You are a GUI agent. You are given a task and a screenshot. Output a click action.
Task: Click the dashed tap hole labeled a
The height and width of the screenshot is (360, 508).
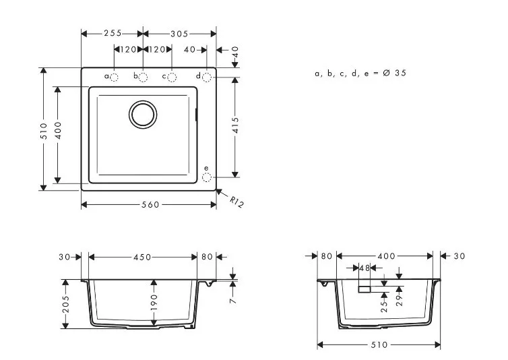coord(114,77)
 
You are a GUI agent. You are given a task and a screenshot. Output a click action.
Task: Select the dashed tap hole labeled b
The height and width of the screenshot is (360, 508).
coord(143,77)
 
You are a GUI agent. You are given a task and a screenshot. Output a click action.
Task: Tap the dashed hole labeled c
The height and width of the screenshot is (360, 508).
coord(172,77)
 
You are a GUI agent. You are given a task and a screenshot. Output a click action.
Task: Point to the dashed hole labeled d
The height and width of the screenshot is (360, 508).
coord(207,77)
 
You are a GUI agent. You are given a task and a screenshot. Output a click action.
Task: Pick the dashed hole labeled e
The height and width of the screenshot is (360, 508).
coord(207,177)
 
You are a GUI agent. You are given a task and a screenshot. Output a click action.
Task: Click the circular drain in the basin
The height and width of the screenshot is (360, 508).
coord(143,114)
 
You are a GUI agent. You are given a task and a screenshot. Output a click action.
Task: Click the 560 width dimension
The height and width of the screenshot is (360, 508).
coord(151,205)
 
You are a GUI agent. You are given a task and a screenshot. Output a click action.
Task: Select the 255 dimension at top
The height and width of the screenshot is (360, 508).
coord(113,33)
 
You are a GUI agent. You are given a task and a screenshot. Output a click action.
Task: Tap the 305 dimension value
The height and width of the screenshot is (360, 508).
coord(179,34)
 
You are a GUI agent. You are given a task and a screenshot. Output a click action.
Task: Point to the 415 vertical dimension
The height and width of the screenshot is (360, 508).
coord(236,125)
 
